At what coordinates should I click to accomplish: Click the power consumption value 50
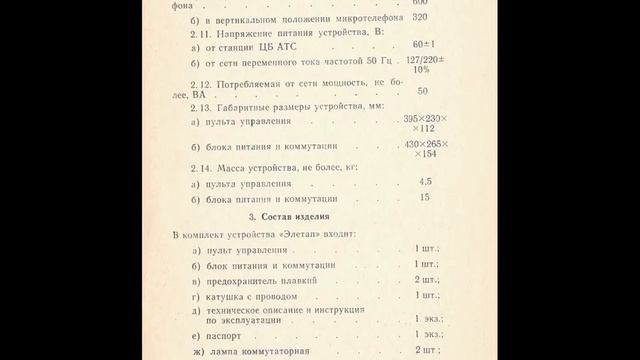423,91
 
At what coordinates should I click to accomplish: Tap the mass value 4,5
425,182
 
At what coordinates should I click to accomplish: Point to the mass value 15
424,198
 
